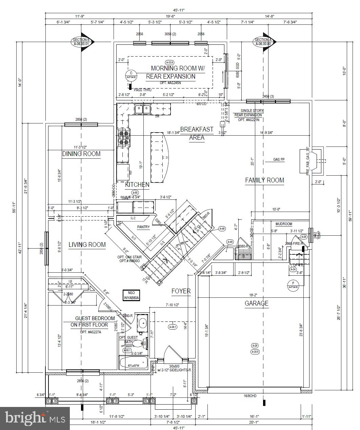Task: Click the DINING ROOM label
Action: (81, 154)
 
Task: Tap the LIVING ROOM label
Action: (87, 245)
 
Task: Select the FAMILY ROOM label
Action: (264, 180)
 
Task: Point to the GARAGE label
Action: (257, 303)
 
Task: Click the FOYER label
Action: (181, 291)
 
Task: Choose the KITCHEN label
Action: (137, 184)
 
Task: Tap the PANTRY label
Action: (143, 227)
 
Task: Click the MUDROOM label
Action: (284, 224)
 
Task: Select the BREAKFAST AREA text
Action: (197, 133)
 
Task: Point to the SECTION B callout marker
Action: (81, 42)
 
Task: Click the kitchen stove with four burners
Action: (124, 138)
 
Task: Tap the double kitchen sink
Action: (143, 109)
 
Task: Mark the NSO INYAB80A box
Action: (131, 295)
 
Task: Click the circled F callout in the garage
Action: (293, 284)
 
